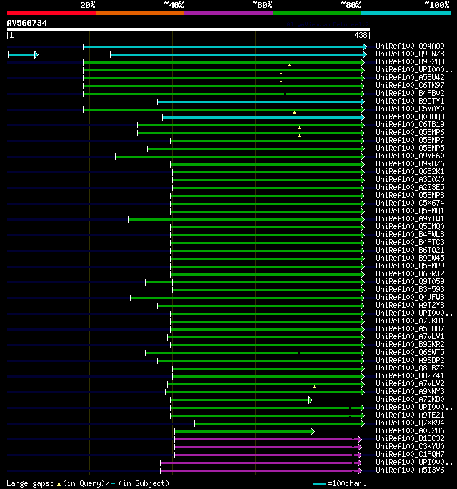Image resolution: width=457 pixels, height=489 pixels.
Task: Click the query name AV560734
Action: click(27, 23)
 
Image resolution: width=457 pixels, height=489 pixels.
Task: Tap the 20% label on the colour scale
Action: click(87, 5)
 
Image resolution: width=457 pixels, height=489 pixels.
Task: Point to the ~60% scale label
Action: click(262, 5)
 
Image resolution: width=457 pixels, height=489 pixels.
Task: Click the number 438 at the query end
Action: click(361, 35)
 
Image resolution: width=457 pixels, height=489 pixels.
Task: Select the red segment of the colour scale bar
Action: click(51, 13)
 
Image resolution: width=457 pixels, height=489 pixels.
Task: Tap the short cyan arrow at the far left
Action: click(22, 54)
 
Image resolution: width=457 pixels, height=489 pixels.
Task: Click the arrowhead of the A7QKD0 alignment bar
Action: click(311, 400)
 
